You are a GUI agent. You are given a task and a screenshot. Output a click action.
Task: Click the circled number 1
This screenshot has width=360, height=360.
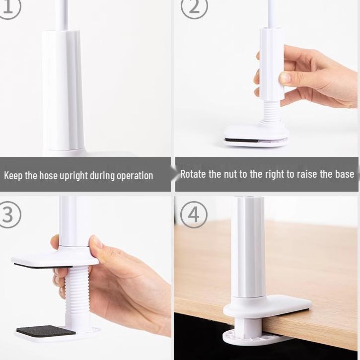click(x=9, y=7)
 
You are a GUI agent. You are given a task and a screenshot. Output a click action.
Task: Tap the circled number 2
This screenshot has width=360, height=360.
click(x=194, y=7)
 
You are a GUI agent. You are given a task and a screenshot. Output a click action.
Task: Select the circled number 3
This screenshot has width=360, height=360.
click(x=9, y=215)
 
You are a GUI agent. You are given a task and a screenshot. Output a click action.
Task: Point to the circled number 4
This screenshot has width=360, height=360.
click(x=194, y=215)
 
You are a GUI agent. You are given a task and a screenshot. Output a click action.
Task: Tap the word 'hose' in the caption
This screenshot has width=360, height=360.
click(x=48, y=176)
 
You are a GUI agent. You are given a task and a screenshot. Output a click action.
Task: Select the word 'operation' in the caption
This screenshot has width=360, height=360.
click(x=135, y=176)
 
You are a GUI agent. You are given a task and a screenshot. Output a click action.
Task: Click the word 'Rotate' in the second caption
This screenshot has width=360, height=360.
click(x=193, y=174)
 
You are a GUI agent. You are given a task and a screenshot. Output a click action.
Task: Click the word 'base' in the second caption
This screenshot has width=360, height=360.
click(x=345, y=174)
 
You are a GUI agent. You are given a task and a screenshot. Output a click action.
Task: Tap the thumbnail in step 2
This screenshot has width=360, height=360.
click(x=285, y=77)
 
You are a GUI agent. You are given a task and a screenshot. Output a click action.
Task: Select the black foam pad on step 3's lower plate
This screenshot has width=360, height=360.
click(x=46, y=331)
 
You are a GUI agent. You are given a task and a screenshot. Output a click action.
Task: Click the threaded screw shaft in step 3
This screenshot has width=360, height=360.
click(x=77, y=296)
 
